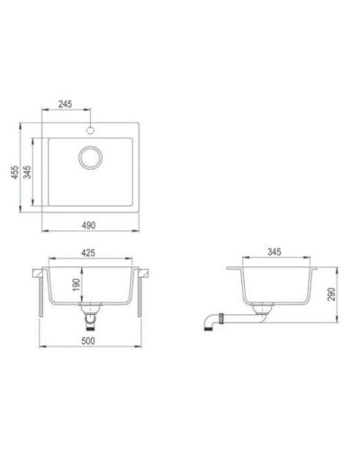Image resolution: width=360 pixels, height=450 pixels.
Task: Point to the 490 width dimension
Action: (90, 224)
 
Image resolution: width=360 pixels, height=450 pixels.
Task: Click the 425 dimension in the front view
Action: (88, 254)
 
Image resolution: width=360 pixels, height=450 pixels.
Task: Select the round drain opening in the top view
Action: (90, 158)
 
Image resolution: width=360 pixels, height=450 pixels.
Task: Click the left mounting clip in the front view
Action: (39, 292)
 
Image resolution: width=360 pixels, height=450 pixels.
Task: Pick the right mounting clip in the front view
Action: (141, 292)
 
